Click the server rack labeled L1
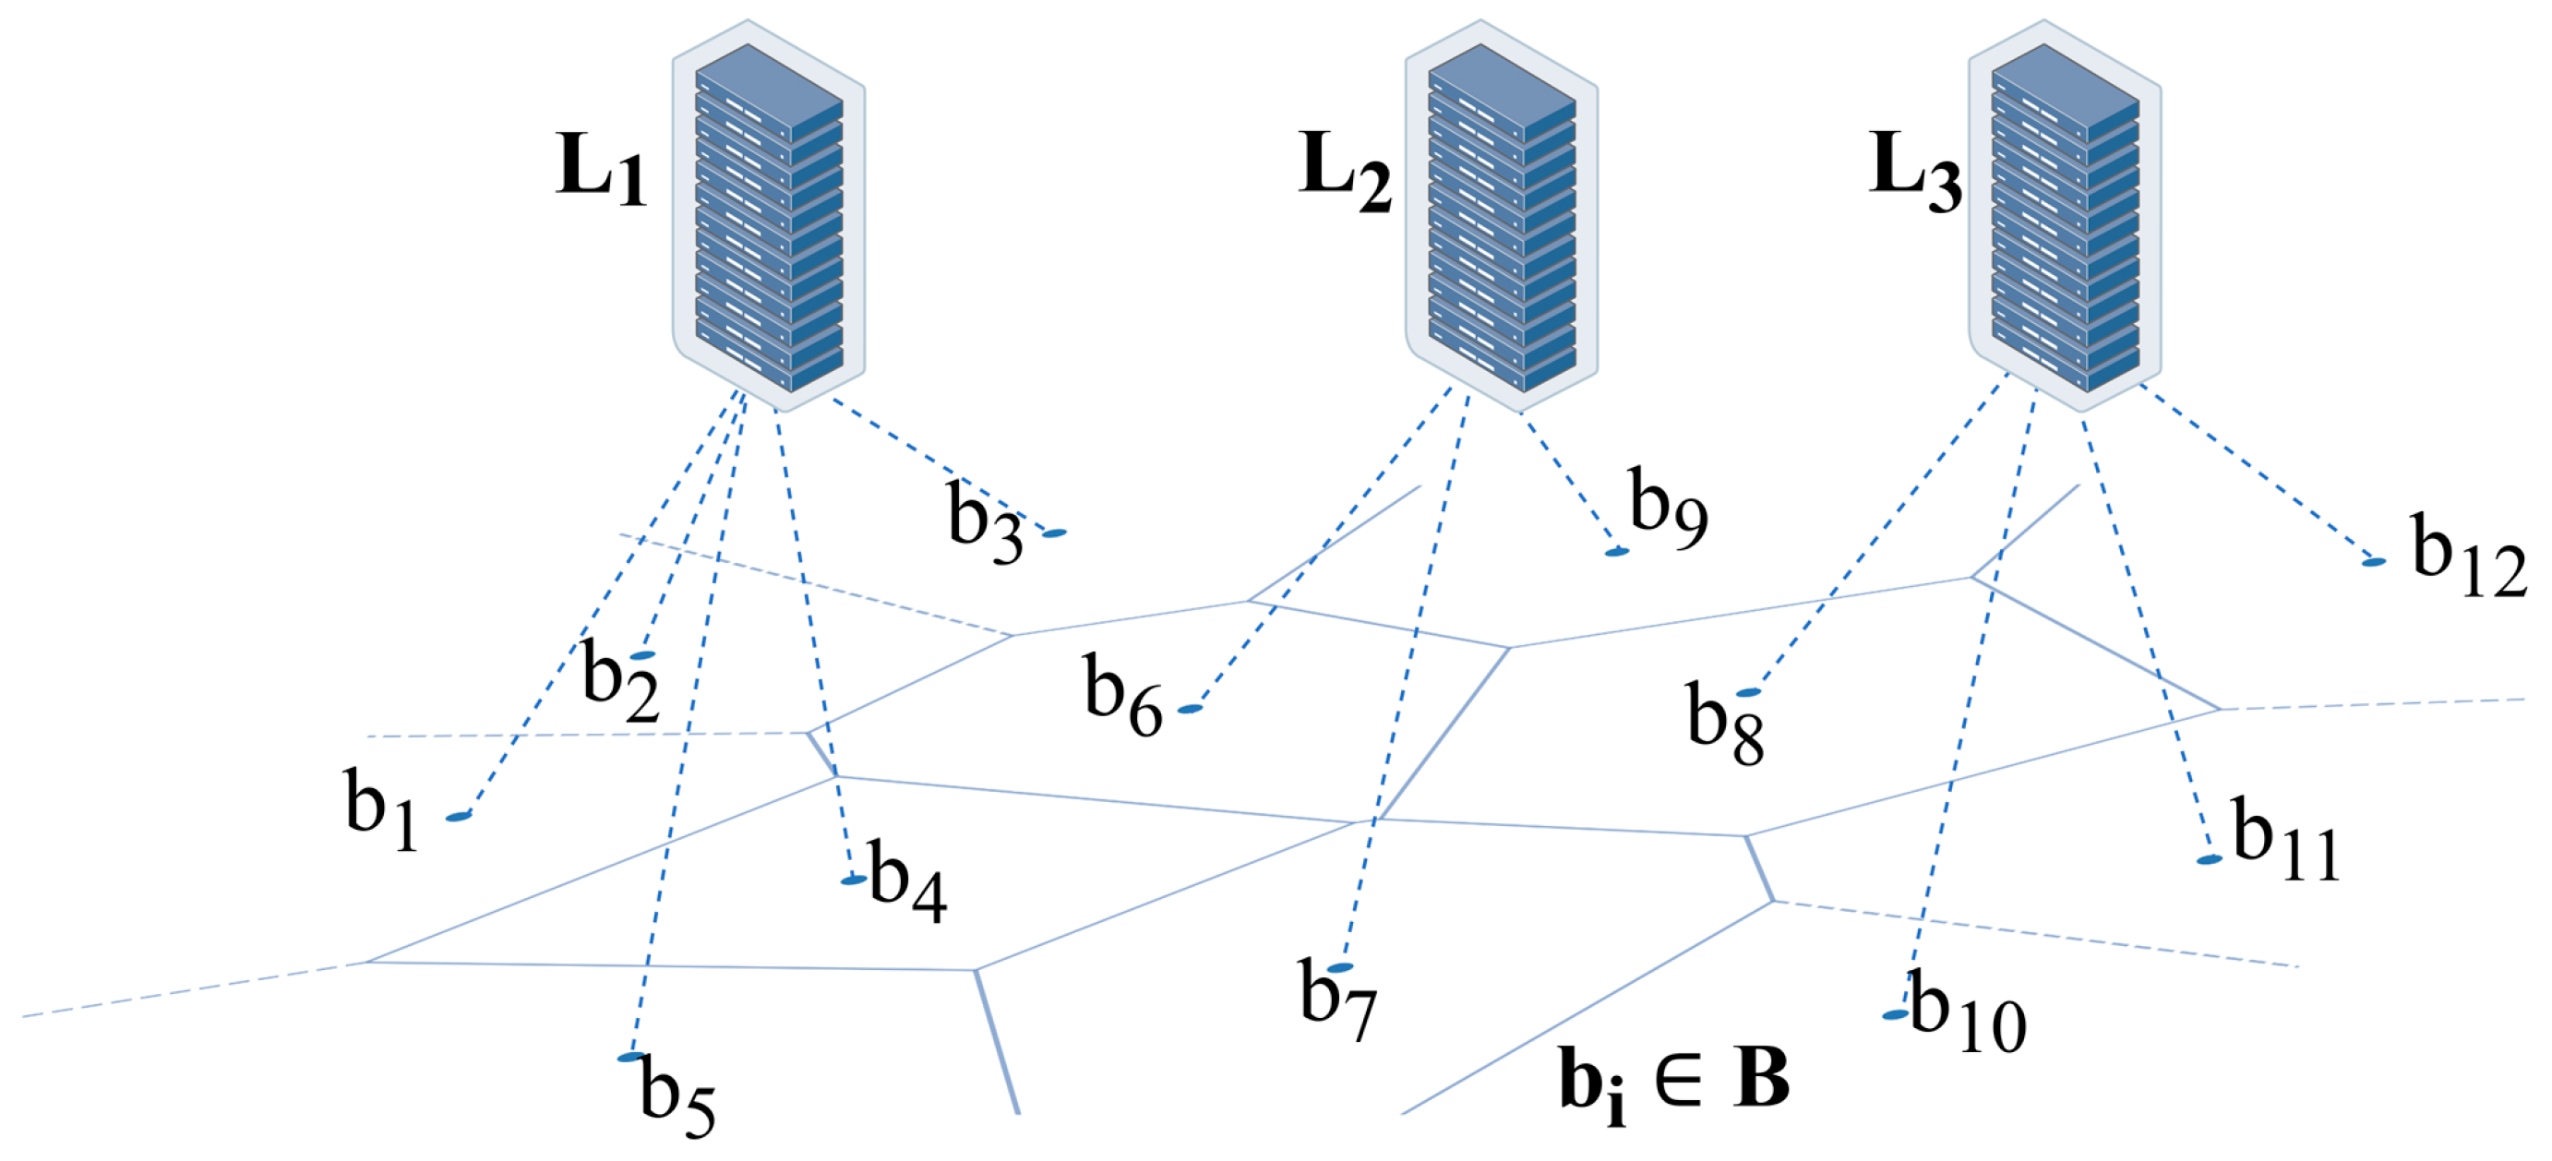(x=769, y=216)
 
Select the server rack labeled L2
(x=1501, y=216)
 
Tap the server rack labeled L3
(x=2065, y=216)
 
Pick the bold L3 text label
(x=1914, y=171)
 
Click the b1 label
(x=381, y=809)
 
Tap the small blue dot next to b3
(x=1054, y=533)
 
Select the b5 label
(x=677, y=1095)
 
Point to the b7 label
(x=1337, y=1000)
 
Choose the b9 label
(x=1669, y=508)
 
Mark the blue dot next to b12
(x=2374, y=562)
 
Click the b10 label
(x=1968, y=1014)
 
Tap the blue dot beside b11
(x=2210, y=860)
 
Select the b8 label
(x=1725, y=724)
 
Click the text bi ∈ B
(x=1674, y=1082)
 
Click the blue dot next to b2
(x=642, y=656)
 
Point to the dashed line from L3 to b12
(x=2258, y=473)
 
